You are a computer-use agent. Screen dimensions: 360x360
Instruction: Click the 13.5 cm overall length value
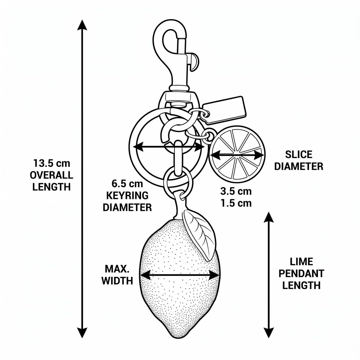(52, 163)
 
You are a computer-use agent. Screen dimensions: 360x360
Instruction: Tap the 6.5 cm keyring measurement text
(127, 184)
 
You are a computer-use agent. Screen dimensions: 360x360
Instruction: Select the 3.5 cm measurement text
(236, 191)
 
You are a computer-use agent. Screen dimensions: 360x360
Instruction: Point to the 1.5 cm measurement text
(236, 203)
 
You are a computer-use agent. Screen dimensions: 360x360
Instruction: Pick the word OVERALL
(52, 175)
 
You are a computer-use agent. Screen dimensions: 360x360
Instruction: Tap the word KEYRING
(127, 195)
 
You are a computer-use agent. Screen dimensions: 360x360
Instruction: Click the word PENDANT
(301, 274)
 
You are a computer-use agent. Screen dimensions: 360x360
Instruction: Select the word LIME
(301, 262)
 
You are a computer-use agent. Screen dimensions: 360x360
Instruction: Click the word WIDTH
(117, 280)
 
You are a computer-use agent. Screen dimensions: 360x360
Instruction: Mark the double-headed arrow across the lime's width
(179, 275)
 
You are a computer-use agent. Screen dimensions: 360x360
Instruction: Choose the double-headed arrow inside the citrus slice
(237, 155)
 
